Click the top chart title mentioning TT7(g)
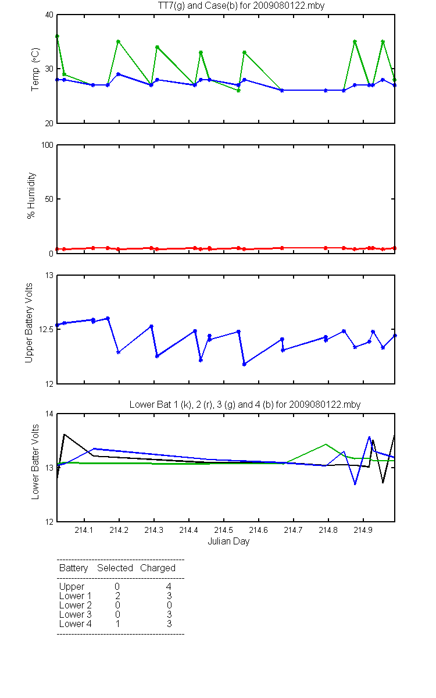point(241,6)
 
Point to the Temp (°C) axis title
point(35,69)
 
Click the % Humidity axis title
point(31,195)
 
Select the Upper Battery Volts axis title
point(28,323)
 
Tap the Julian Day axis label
point(228,542)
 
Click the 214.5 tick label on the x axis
point(224,530)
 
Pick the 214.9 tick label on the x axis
point(363,530)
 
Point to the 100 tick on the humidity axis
point(47,145)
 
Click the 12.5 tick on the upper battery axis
point(46,329)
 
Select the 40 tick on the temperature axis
point(49,15)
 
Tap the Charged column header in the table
point(158,568)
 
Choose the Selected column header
point(115,568)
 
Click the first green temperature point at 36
point(57,37)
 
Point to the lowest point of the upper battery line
point(245,364)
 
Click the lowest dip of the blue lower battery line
point(355,484)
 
